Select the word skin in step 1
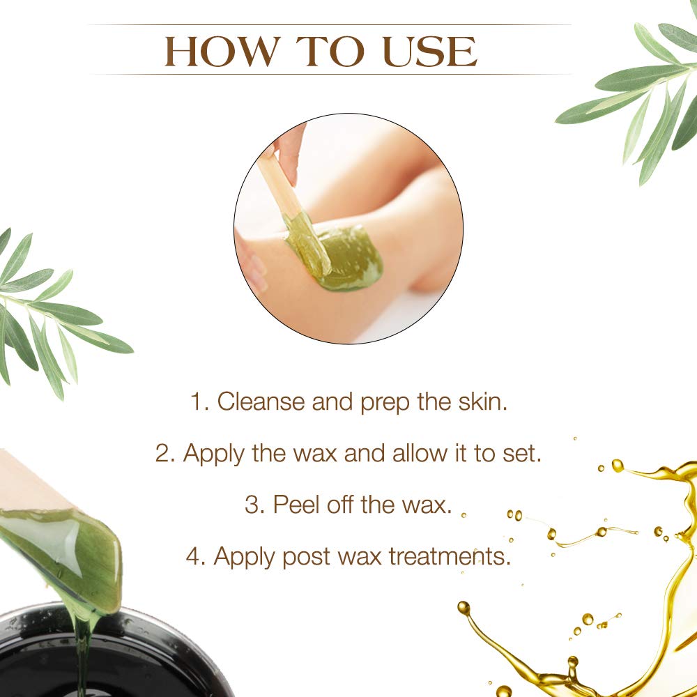(482, 403)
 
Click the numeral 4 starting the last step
(193, 556)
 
